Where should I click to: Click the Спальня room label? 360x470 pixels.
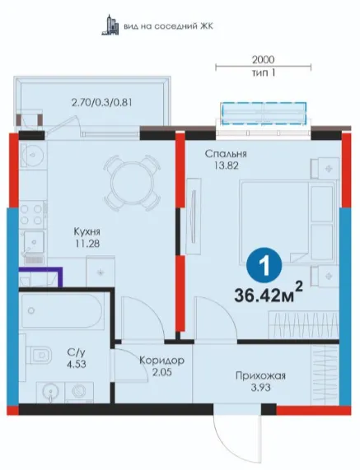(226, 154)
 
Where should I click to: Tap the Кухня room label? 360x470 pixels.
(87, 231)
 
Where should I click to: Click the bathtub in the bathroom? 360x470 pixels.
(62, 311)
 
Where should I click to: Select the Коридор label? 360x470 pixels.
(162, 360)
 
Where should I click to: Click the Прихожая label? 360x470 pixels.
(260, 375)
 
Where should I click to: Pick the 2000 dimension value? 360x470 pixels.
(263, 59)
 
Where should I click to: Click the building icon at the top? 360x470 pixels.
(110, 25)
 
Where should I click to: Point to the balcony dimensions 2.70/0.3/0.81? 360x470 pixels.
(101, 103)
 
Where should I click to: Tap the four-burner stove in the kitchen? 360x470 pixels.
(31, 215)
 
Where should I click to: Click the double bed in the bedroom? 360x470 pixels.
(288, 222)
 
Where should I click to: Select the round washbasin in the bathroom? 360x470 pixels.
(50, 391)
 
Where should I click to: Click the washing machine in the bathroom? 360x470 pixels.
(80, 393)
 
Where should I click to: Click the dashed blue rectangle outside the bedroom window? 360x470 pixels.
(264, 113)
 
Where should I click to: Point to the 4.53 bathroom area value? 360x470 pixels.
(77, 364)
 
